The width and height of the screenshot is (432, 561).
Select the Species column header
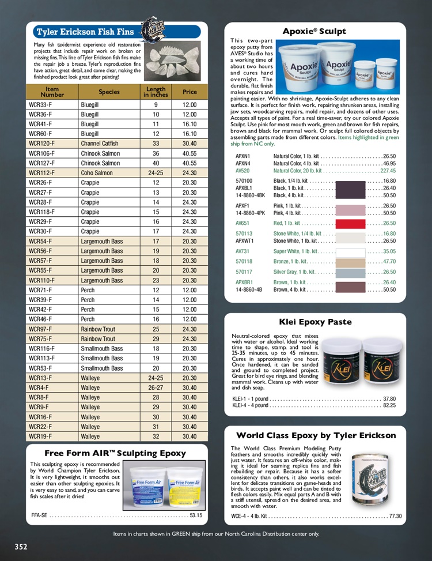pos(109,92)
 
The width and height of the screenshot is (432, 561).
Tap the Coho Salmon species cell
pos(97,173)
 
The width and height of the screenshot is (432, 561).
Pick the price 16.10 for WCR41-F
pos(190,124)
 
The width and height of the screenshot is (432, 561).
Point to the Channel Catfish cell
pos(100,144)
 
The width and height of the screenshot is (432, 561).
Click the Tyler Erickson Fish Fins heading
pos(85,32)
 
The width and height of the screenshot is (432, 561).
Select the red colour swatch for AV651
pos(346,223)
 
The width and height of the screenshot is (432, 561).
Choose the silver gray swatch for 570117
pos(346,272)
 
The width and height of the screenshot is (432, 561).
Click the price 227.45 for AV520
pos(388,171)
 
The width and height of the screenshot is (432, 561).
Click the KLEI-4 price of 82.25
pos(389,405)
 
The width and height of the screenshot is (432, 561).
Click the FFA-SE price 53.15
pos(196,515)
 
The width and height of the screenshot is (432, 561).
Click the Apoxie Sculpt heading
pos(314,31)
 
